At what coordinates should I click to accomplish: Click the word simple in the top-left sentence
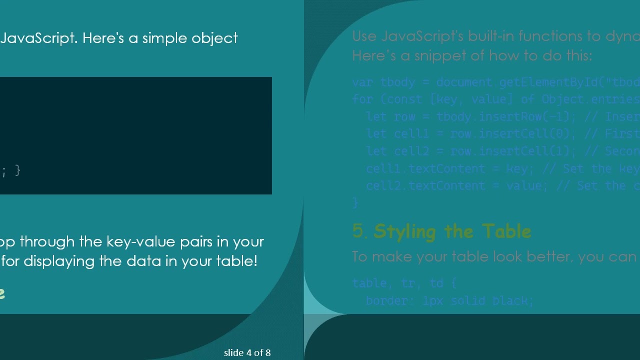164,38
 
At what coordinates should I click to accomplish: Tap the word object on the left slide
214,38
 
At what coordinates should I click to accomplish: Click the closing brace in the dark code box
18,170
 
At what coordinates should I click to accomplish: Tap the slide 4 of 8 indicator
247,352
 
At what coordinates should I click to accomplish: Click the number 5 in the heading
358,231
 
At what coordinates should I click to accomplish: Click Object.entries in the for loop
590,99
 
